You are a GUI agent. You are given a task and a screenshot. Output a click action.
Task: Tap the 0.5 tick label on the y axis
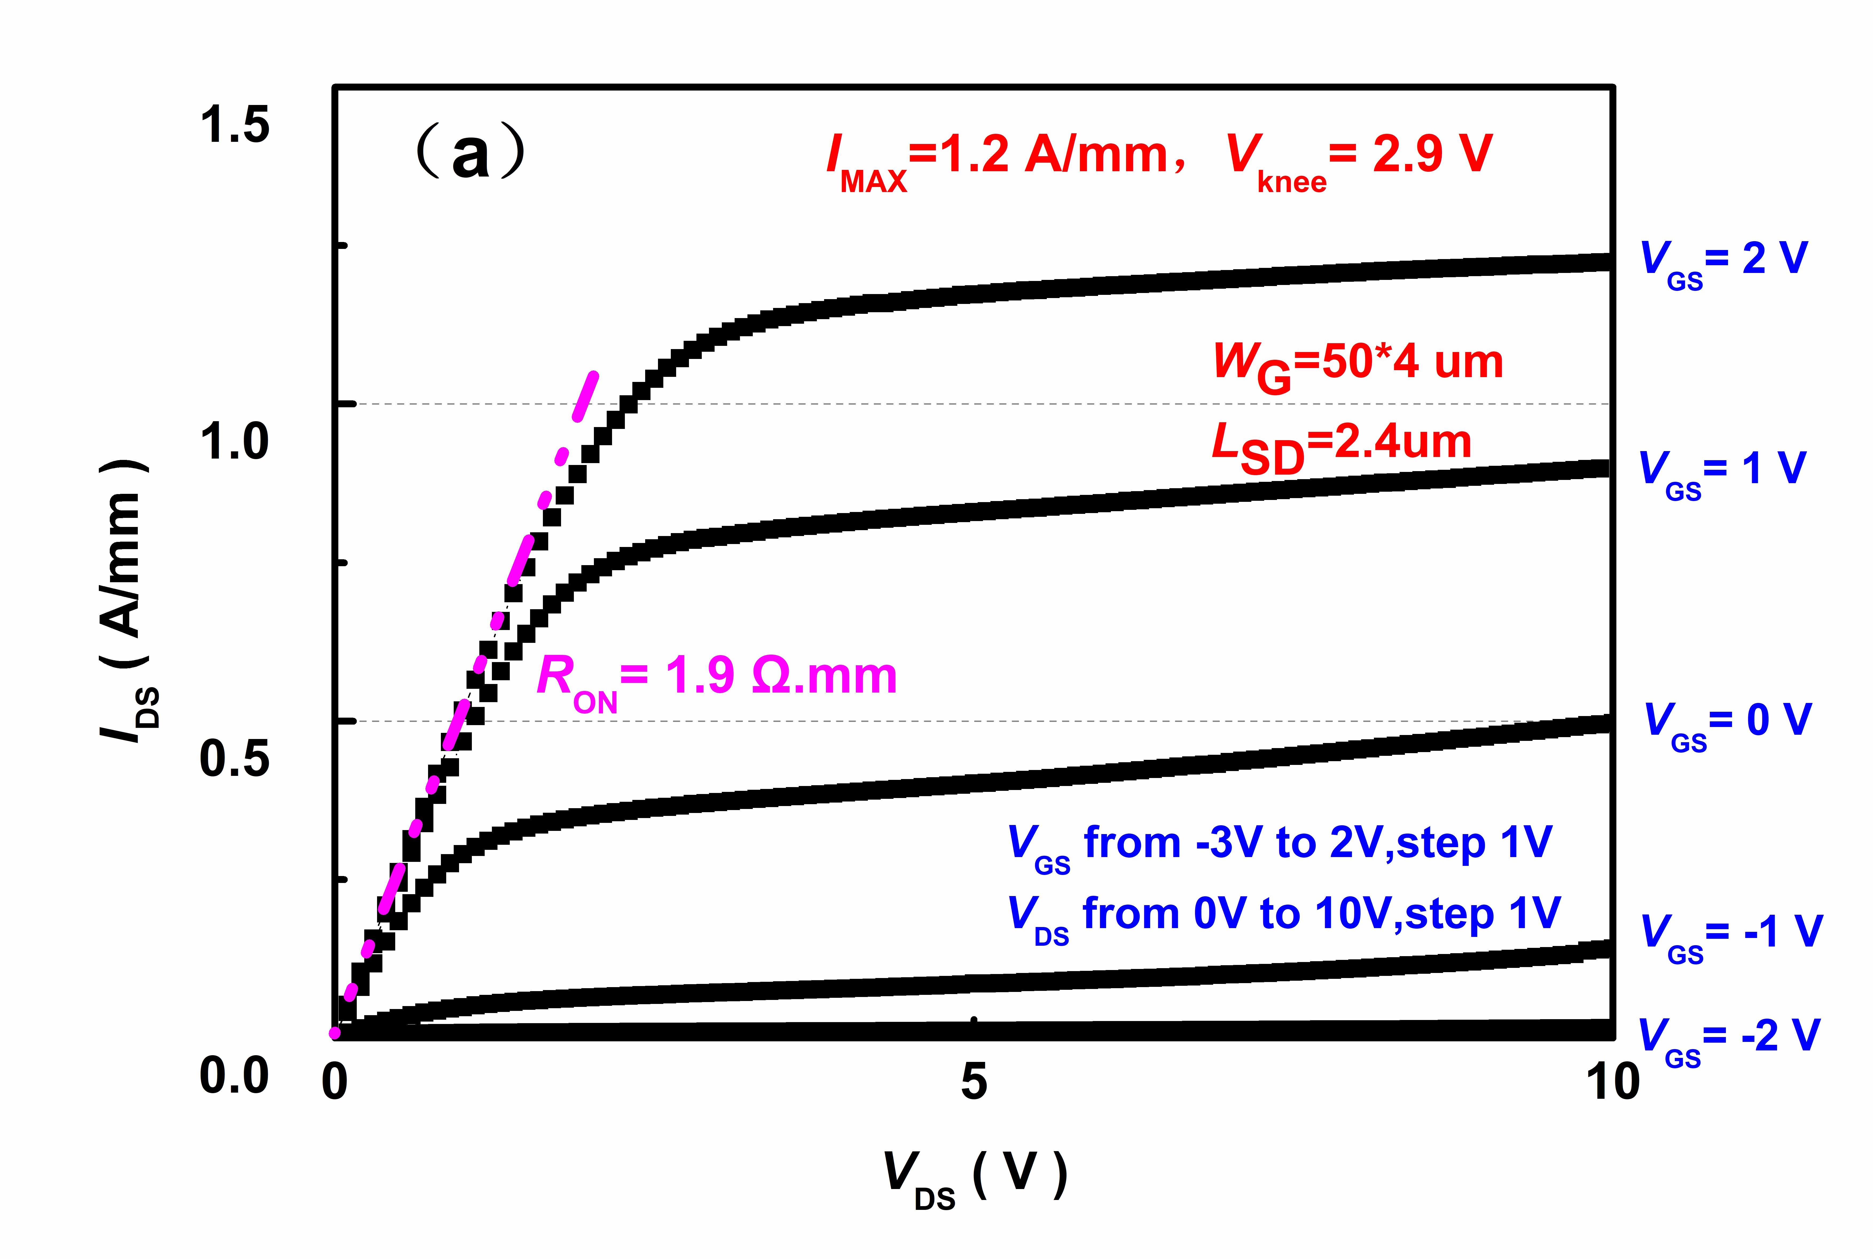click(x=234, y=759)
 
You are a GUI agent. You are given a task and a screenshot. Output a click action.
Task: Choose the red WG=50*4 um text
click(x=1357, y=365)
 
